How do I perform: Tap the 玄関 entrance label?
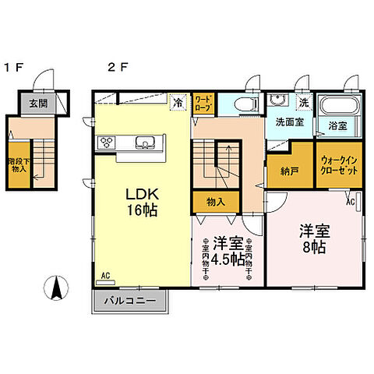point(38,103)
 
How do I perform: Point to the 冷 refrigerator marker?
point(178,101)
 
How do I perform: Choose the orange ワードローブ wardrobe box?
point(203,103)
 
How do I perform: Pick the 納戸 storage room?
point(278,171)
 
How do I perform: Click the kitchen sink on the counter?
point(143,143)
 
